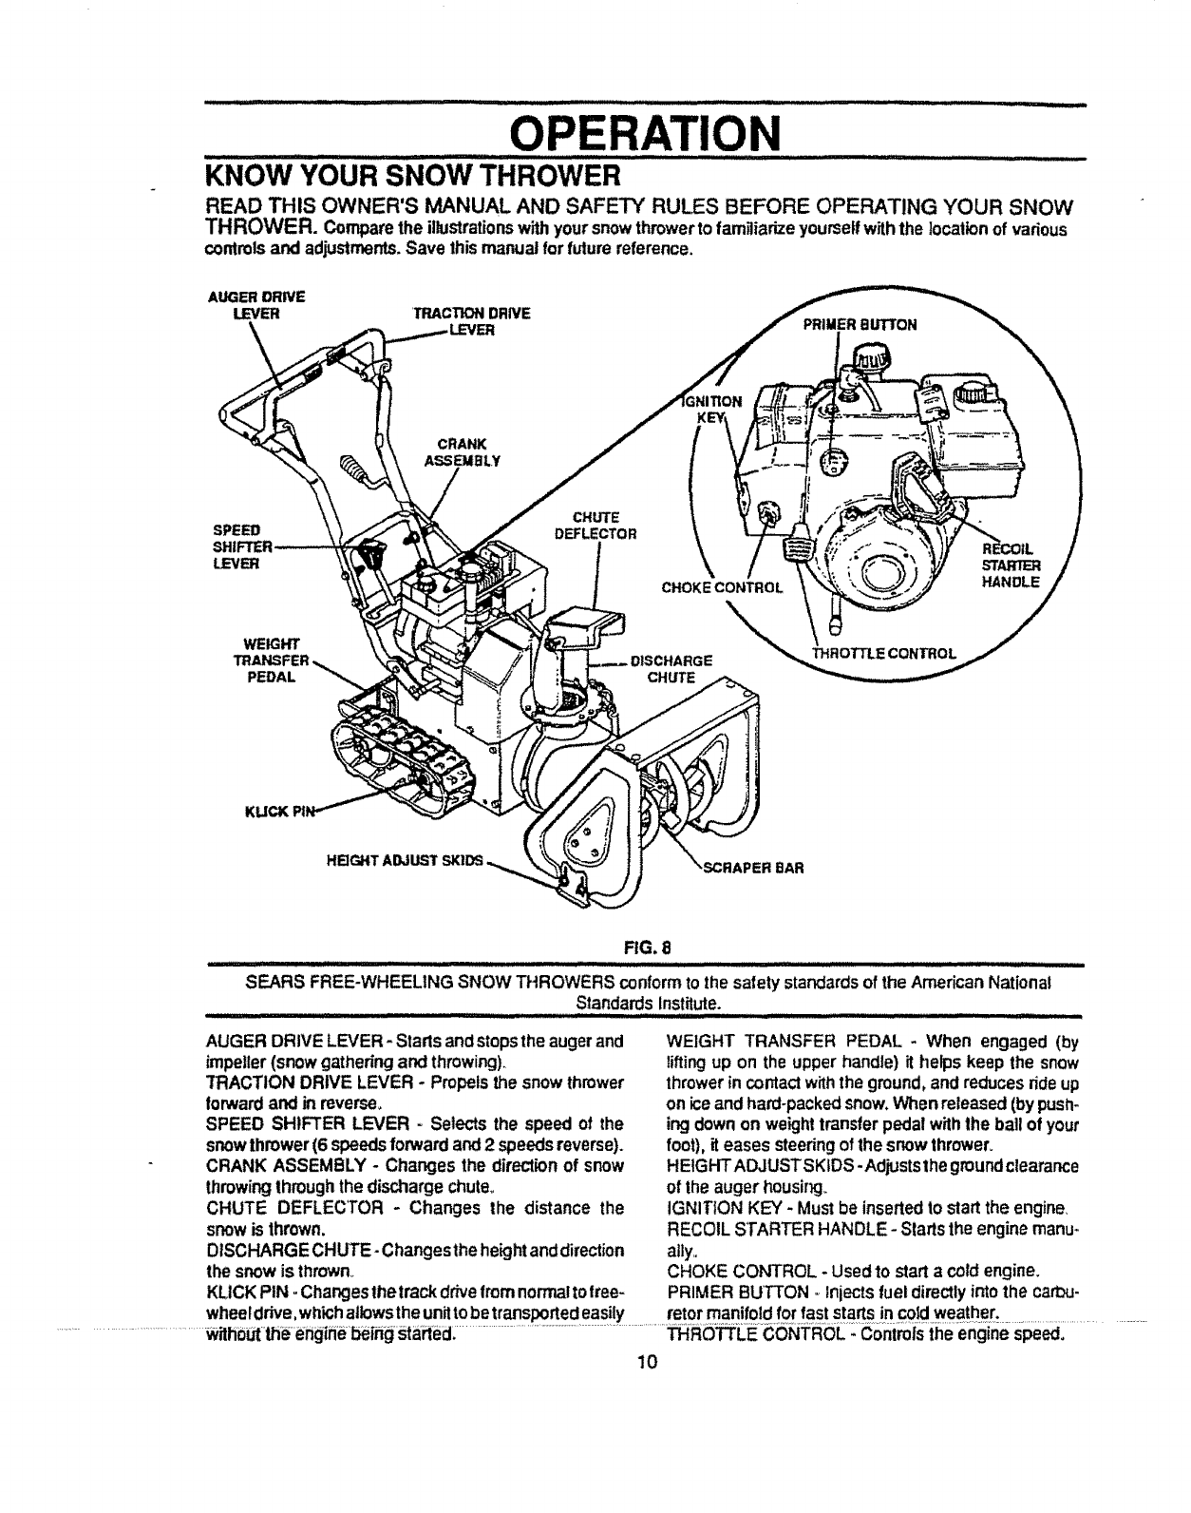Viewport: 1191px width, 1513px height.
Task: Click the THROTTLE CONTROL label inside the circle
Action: coord(881,653)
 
